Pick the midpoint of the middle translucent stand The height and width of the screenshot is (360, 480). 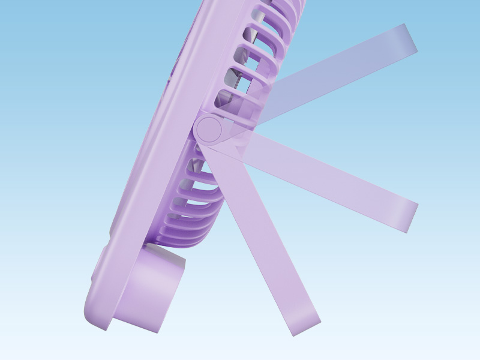tap(324, 174)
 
